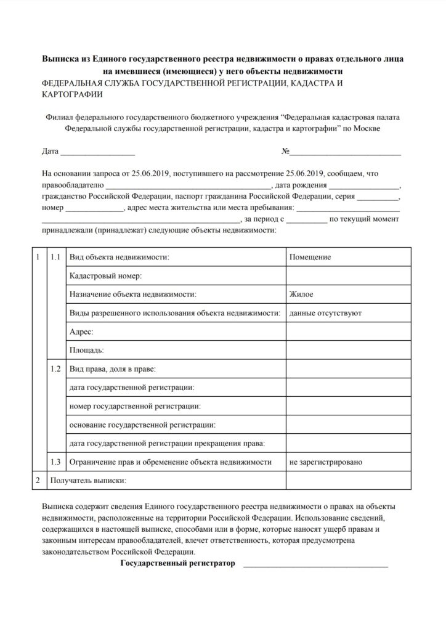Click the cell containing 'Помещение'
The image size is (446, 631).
pyautogui.click(x=310, y=257)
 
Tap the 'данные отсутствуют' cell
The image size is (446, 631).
pyautogui.click(x=325, y=313)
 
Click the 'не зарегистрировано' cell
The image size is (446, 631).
pyautogui.click(x=325, y=461)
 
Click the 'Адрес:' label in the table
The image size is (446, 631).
pyautogui.click(x=81, y=332)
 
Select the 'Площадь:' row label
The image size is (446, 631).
pyautogui.click(x=86, y=350)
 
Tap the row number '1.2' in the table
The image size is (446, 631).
pyautogui.click(x=55, y=368)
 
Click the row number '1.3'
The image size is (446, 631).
pyautogui.click(x=55, y=461)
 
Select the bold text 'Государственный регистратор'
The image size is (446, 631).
pyautogui.click(x=178, y=563)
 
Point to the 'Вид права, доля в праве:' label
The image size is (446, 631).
pyautogui.click(x=113, y=368)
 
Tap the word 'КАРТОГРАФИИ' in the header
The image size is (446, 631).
pyautogui.click(x=72, y=96)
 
